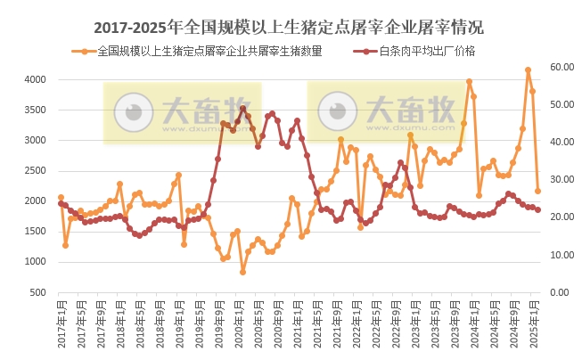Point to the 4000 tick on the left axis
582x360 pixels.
(33, 80)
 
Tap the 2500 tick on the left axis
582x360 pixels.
(33, 171)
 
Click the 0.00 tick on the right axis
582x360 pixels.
(559, 292)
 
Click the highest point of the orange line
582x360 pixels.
(529, 70)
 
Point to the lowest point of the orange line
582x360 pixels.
(242, 272)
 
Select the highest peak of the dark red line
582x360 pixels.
(242, 109)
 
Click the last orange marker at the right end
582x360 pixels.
(537, 191)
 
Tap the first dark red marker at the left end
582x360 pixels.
(61, 203)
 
